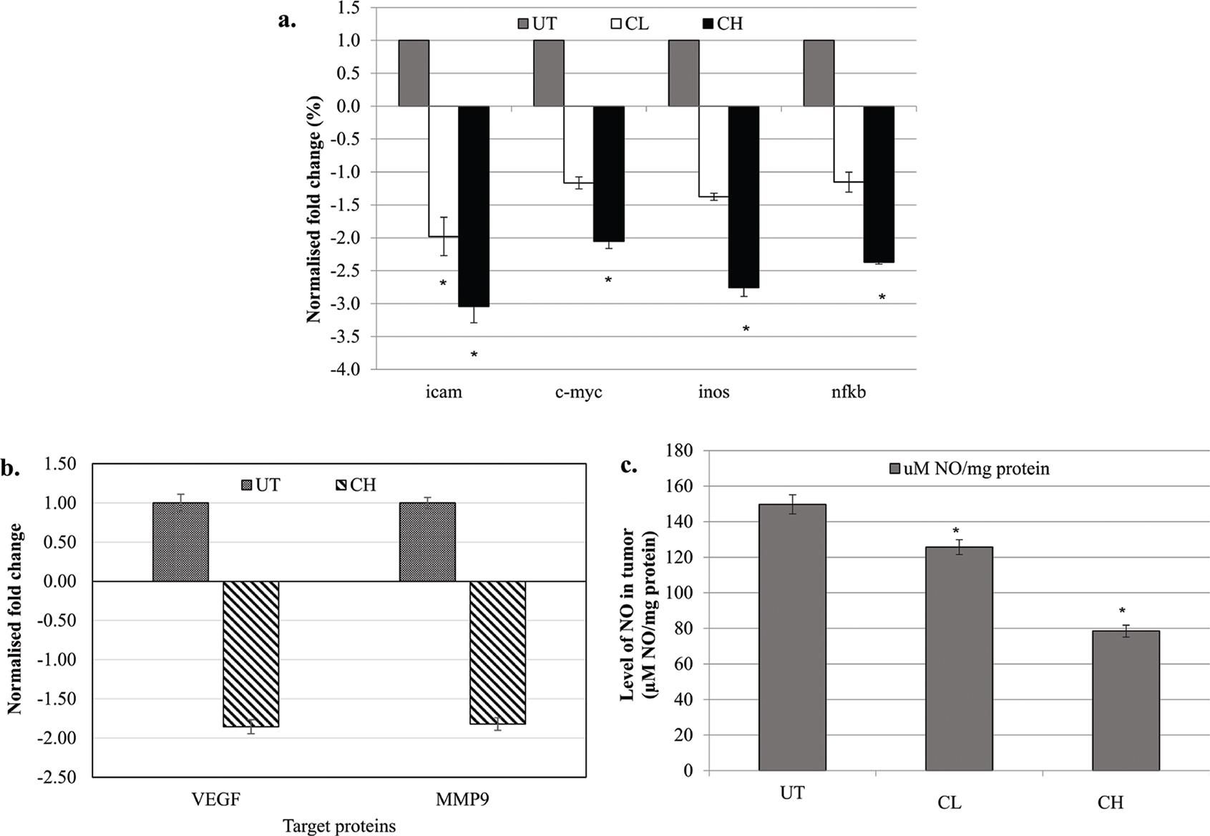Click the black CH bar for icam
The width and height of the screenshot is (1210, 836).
(473, 206)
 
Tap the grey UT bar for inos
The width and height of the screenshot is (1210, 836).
(683, 73)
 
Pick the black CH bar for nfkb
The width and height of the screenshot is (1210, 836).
(879, 184)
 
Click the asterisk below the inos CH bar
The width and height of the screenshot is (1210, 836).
(746, 329)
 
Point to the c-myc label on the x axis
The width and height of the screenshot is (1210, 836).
(578, 392)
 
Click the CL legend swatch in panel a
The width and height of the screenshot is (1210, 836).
(614, 24)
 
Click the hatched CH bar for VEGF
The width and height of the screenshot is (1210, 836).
(250, 654)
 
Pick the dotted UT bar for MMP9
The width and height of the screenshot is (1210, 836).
(427, 542)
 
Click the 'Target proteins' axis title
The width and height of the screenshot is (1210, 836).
(339, 826)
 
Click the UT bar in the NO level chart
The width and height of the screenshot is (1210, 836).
(792, 637)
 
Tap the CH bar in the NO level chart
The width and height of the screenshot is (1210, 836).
(1126, 700)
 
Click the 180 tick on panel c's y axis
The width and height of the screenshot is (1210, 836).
(679, 451)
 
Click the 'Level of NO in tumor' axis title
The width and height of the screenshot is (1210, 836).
(628, 615)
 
